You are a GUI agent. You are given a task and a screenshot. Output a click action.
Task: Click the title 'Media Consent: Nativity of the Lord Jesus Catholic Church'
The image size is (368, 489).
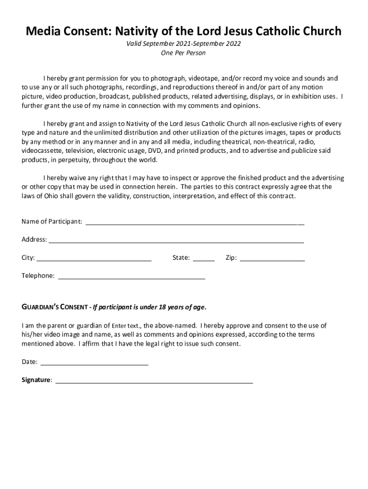(184, 32)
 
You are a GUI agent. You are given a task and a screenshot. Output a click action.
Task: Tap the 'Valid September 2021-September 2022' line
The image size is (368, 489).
(184, 44)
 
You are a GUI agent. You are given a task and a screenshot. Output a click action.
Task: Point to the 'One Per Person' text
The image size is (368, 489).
(184, 53)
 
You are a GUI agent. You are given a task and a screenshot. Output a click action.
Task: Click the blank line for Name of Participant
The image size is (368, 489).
(195, 223)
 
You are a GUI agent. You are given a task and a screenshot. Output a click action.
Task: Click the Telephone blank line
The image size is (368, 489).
(131, 277)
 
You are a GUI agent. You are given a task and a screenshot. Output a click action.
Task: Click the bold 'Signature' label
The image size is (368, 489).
(36, 380)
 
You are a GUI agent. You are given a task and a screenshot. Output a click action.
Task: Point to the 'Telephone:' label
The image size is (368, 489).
(38, 276)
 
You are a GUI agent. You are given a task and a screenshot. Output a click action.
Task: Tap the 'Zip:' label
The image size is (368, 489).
(231, 258)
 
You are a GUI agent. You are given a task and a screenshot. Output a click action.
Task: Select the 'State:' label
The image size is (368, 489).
(181, 258)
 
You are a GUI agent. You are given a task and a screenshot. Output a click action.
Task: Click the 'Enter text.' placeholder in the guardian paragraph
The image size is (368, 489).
(126, 326)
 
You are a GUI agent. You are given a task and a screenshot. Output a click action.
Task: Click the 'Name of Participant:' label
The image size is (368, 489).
(52, 222)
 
